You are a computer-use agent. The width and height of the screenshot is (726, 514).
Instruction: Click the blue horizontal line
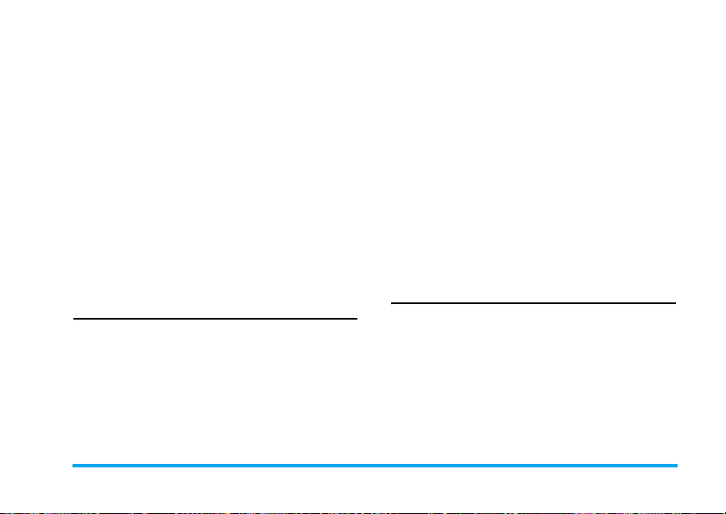[x=375, y=466]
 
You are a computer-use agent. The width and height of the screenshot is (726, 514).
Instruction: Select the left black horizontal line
[x=214, y=319]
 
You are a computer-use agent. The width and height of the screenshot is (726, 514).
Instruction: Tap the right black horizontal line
[x=533, y=303]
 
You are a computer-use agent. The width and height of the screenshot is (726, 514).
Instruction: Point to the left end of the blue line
[x=73, y=466]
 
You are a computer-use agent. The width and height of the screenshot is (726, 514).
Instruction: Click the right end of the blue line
[x=678, y=466]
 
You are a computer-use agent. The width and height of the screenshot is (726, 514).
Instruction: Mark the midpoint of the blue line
[x=375, y=466]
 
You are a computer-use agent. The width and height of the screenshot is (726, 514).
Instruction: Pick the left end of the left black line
[x=73, y=319]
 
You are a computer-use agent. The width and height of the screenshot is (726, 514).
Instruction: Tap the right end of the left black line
[x=357, y=319]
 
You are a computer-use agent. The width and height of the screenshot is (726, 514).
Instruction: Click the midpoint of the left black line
[x=214, y=319]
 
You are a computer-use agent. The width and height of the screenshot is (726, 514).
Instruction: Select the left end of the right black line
[x=392, y=303]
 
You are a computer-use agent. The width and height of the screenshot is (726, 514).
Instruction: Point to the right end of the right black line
[x=675, y=303]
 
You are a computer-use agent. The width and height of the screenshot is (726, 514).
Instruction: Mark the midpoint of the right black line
[x=533, y=303]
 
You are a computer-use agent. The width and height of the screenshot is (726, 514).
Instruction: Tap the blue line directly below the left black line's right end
[x=357, y=466]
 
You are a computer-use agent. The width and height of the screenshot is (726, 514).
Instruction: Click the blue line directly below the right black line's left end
[x=392, y=466]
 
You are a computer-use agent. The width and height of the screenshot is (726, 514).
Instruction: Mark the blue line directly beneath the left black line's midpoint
[x=214, y=466]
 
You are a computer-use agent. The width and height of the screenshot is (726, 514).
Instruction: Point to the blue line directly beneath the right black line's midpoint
[x=533, y=466]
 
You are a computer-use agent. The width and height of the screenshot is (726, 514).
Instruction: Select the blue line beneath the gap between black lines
[x=374, y=466]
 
